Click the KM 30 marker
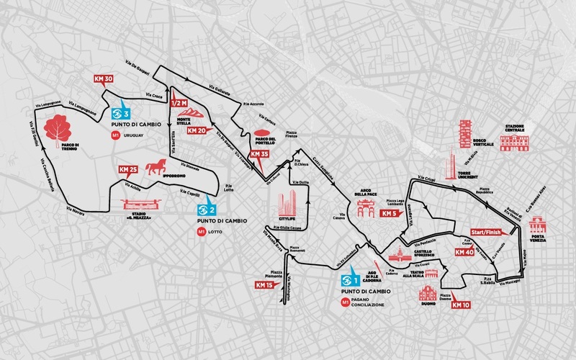click(x=103, y=79)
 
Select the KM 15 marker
click(x=264, y=286)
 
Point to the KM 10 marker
click(x=461, y=305)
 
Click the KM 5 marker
click(x=390, y=213)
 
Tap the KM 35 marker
click(x=258, y=154)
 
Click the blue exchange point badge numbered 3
click(x=122, y=114)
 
